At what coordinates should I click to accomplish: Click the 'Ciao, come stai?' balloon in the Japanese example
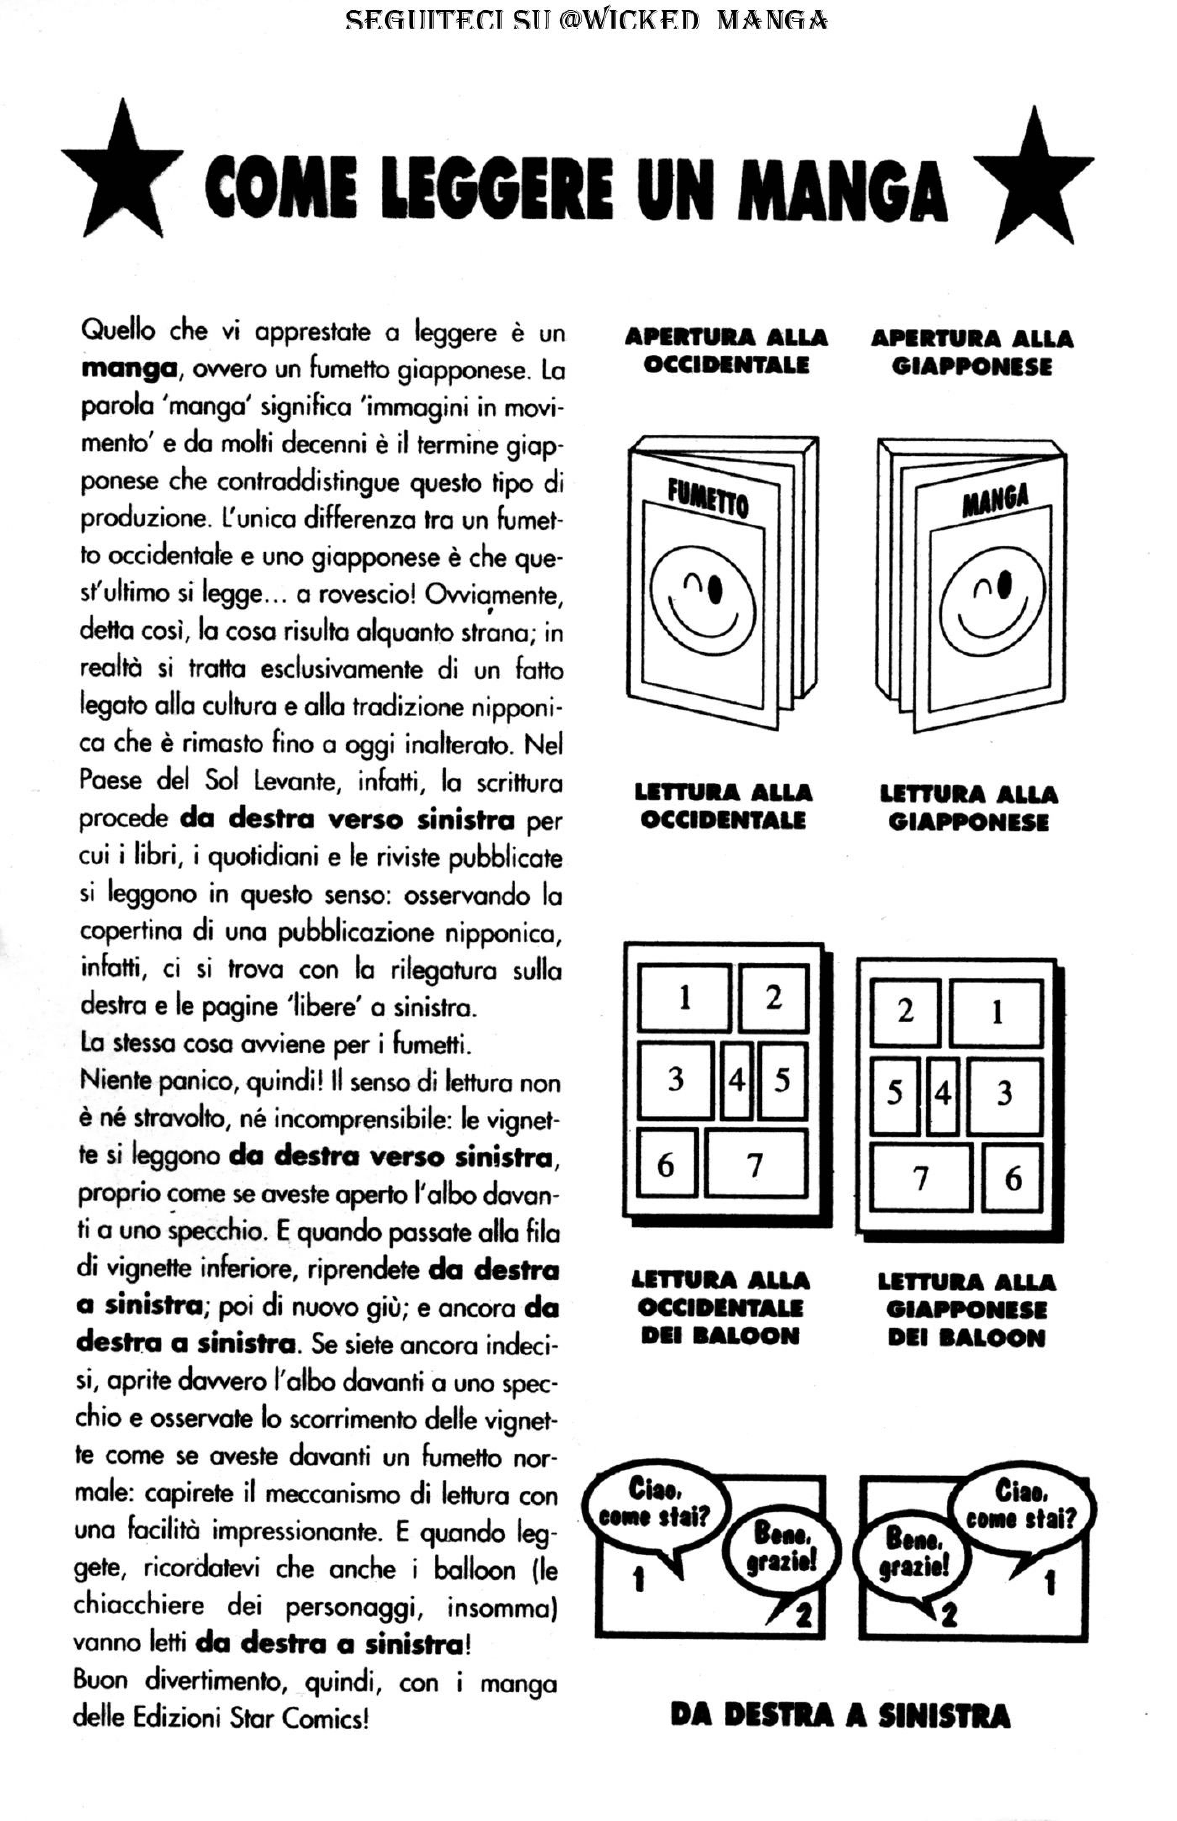(x=1020, y=1505)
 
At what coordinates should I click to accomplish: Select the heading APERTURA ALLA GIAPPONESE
(x=971, y=352)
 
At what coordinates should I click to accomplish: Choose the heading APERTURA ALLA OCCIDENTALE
(x=726, y=351)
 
